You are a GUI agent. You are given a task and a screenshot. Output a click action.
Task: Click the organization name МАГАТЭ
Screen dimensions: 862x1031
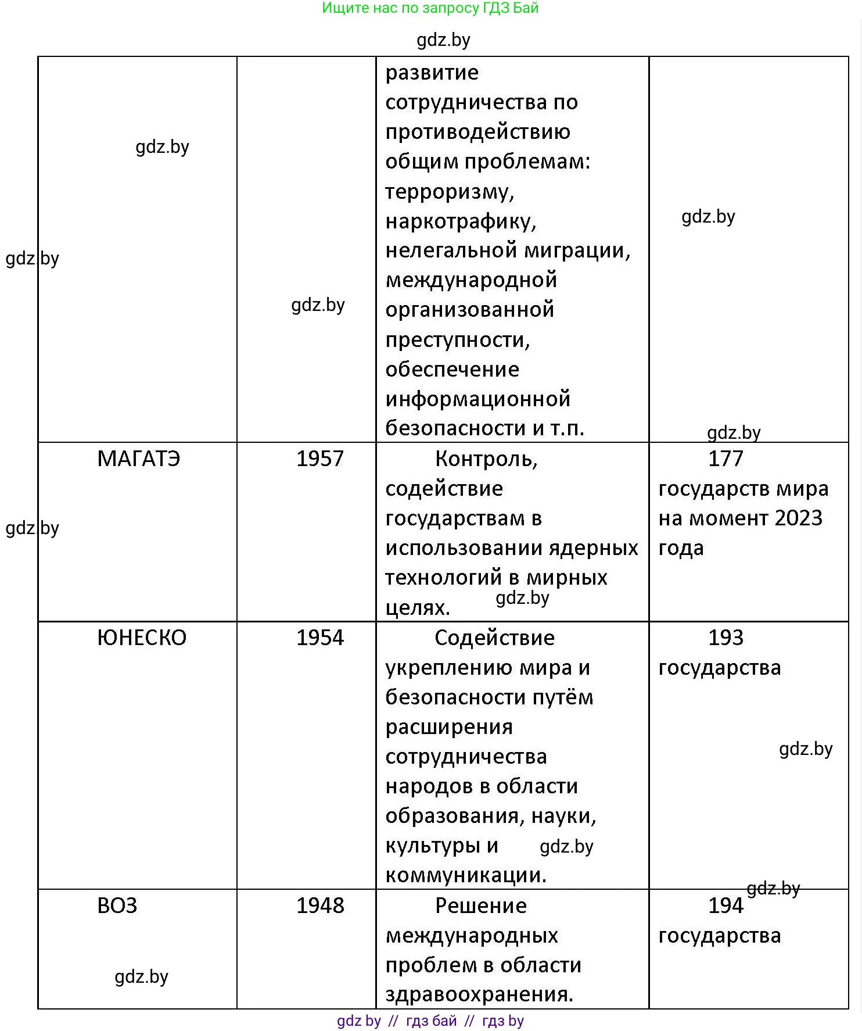pos(139,459)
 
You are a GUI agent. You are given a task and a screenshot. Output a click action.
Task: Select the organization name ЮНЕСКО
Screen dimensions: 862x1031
pos(142,638)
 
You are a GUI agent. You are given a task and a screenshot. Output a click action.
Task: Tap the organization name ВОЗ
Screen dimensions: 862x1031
pos(117,905)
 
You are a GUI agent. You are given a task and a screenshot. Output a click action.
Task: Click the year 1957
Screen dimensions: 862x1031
pos(320,459)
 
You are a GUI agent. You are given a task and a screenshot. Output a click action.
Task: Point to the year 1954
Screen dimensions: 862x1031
pos(320,638)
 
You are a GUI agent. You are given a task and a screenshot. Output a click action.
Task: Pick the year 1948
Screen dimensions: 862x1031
pos(320,905)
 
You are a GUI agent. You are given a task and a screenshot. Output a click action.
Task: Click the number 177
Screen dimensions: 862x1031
pos(725,459)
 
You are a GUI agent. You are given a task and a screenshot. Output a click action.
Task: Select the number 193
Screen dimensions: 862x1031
pos(725,638)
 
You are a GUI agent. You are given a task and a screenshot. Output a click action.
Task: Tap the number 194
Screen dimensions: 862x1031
pos(725,905)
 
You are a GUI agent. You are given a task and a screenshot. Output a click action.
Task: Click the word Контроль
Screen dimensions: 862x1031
pos(486,459)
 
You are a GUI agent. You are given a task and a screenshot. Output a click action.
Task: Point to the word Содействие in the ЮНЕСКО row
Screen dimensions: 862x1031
pos(494,638)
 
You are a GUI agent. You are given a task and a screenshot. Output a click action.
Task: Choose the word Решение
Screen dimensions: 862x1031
pos(481,905)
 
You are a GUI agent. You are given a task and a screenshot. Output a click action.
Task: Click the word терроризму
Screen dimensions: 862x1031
pos(450,191)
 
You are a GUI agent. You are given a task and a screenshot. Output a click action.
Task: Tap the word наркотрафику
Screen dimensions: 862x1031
pos(461,221)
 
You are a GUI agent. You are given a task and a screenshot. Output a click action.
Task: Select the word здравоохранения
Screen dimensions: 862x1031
pos(479,994)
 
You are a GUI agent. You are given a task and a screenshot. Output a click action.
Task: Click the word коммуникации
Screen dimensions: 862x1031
pos(466,875)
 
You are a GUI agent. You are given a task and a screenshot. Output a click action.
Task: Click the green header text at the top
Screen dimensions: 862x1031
pos(430,8)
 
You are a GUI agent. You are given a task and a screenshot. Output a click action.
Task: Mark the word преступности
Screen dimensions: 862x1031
pos(458,339)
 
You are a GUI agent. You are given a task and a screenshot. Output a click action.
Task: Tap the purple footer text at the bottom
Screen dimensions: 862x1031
pos(430,1021)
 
